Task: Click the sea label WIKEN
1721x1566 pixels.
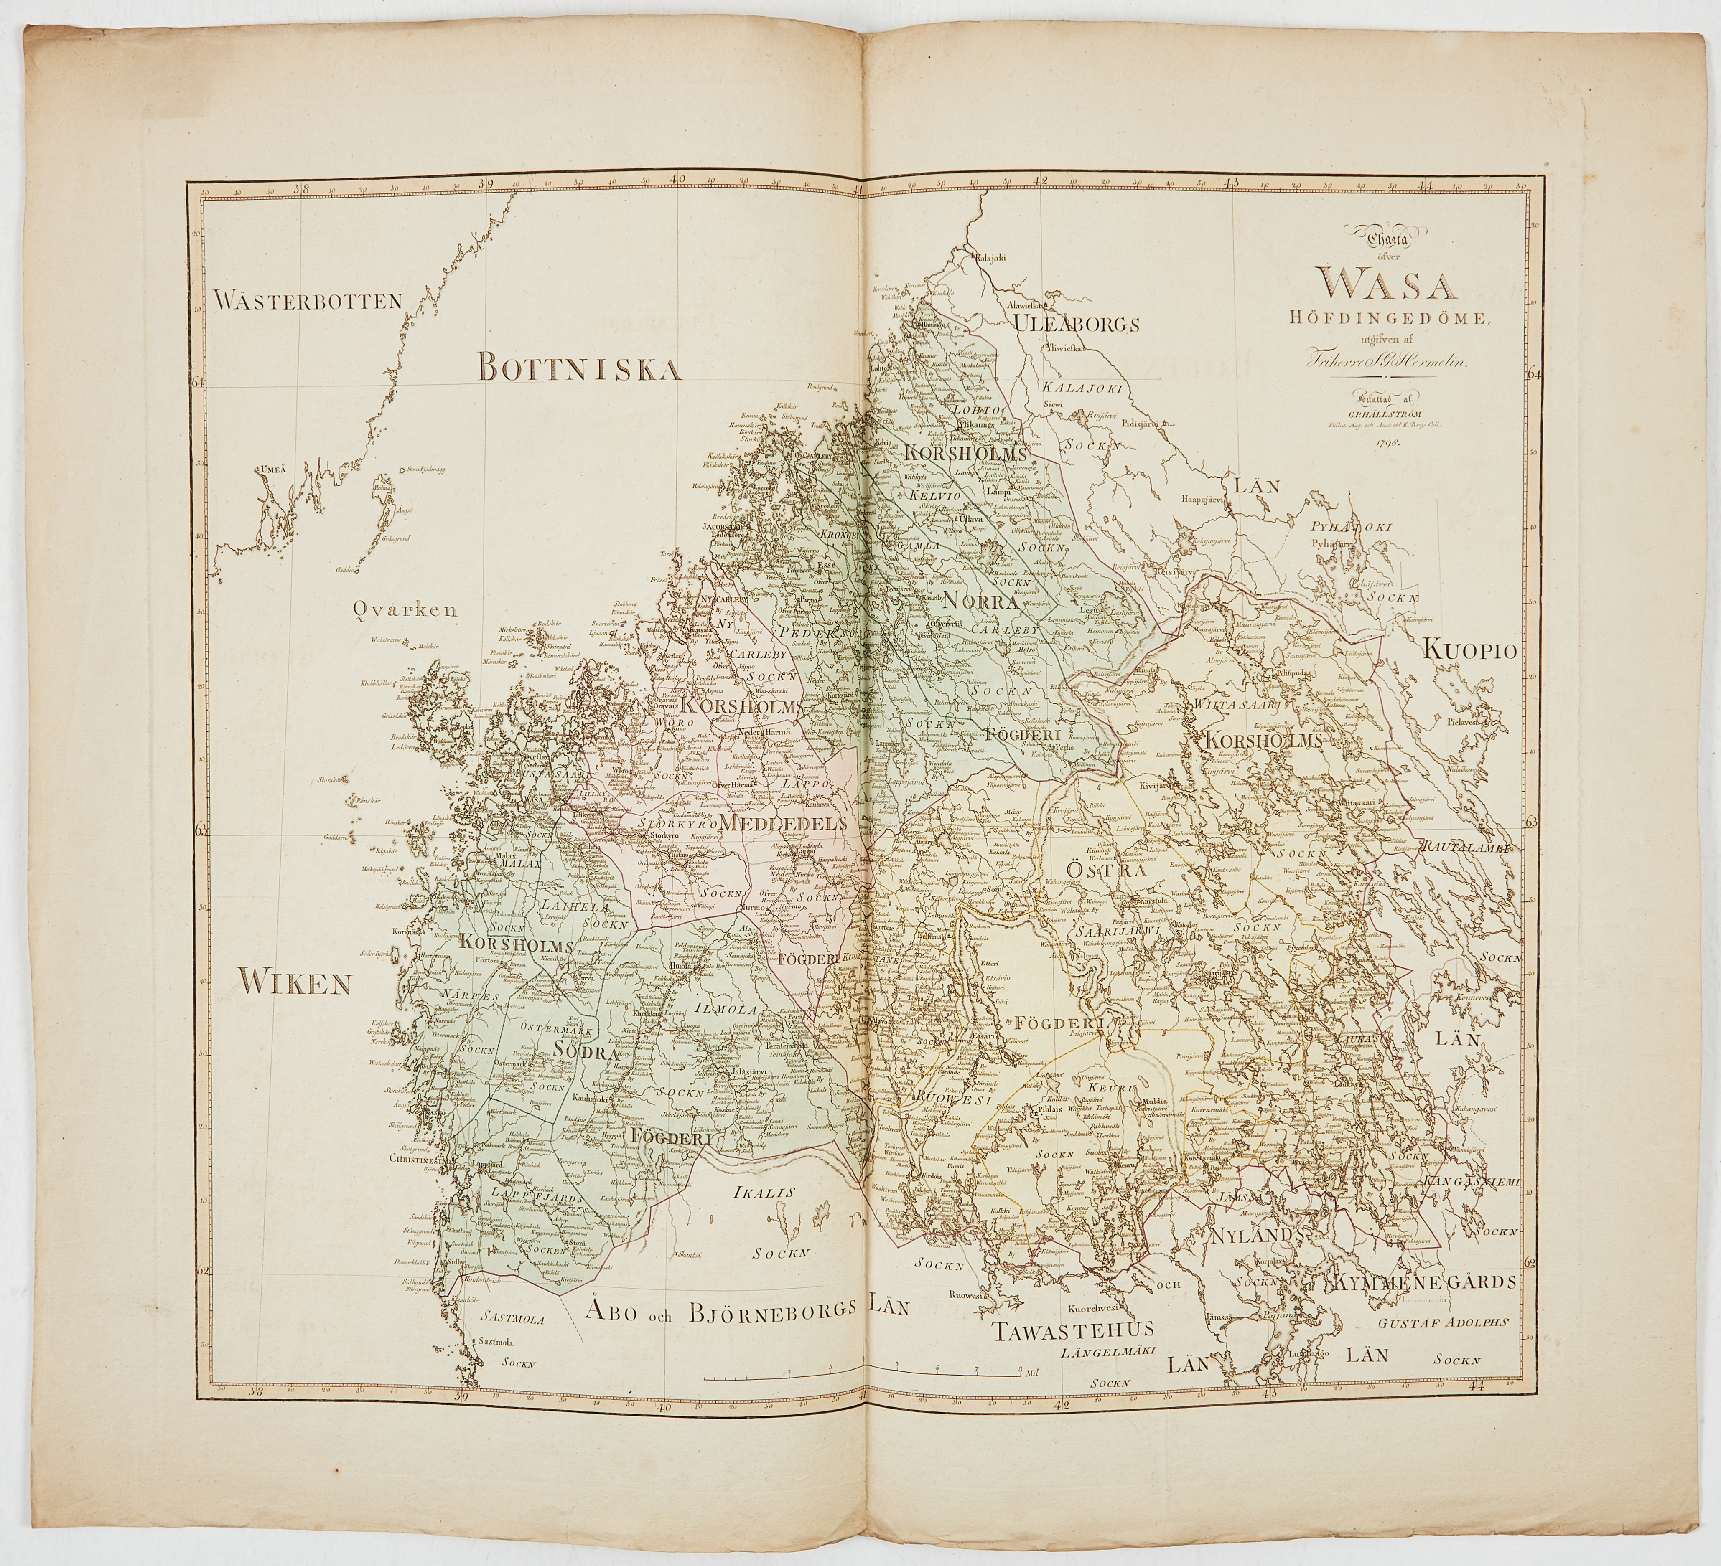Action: point(295,983)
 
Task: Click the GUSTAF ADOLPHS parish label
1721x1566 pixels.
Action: point(1443,1322)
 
